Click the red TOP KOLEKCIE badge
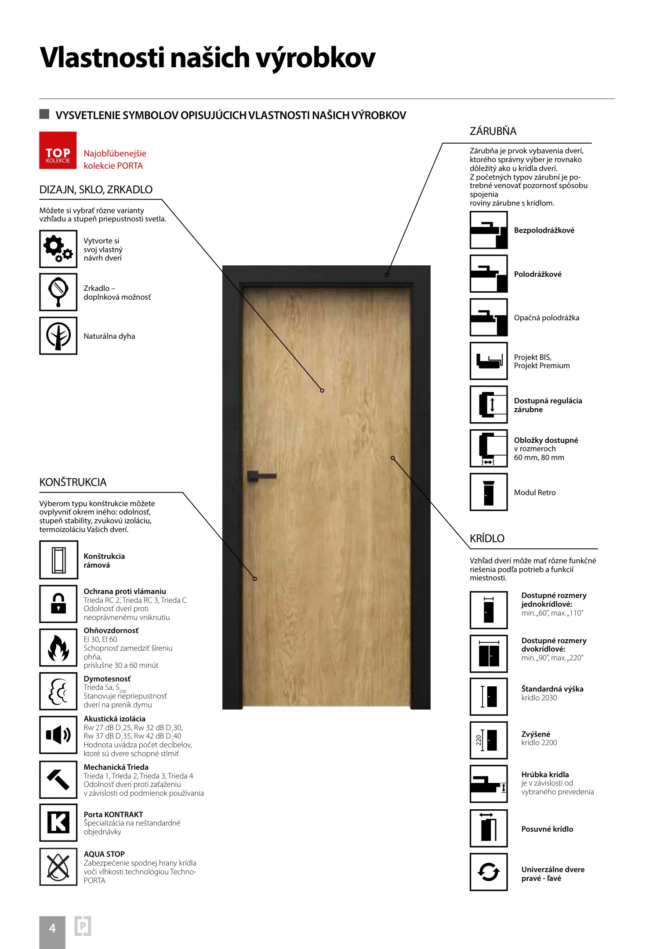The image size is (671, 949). (x=58, y=150)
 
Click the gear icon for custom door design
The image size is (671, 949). (x=58, y=249)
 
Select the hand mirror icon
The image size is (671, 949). (x=58, y=292)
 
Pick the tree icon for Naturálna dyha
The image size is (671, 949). (x=58, y=336)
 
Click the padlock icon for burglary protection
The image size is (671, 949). (x=58, y=604)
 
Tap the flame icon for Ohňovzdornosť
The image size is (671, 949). (x=58, y=648)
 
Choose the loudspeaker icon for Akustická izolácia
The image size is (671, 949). (x=58, y=735)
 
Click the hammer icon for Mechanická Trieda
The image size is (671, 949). (x=58, y=779)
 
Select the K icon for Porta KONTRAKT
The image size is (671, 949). (x=58, y=822)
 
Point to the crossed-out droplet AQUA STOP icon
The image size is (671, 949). (x=58, y=866)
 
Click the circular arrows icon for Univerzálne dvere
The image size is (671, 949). (x=489, y=872)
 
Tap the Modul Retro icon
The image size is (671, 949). (x=489, y=492)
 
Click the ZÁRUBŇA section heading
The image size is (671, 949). (x=493, y=131)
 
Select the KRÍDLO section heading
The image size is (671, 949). (x=487, y=539)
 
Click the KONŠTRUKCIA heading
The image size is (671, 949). (x=73, y=482)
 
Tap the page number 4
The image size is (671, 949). (x=52, y=928)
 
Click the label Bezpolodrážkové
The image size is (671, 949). (x=544, y=230)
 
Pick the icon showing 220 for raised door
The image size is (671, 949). (x=489, y=740)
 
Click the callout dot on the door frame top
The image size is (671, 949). (x=387, y=275)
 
